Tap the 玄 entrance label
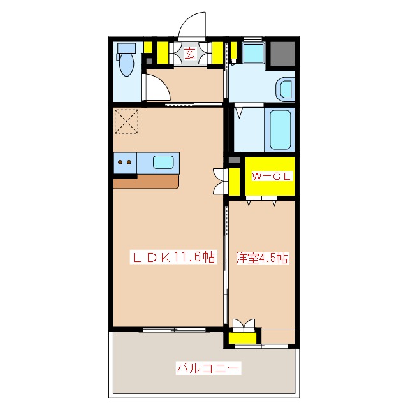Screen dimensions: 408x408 coord(190,54)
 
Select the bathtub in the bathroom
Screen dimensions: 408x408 coord(280,129)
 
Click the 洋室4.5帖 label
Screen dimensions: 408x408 coord(261,258)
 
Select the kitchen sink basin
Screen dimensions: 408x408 coord(164,162)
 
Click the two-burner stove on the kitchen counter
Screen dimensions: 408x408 coord(125,163)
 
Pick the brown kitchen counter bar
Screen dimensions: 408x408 coord(146,181)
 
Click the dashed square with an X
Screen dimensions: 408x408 coord(127,121)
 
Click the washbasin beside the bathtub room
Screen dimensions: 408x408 coord(285,89)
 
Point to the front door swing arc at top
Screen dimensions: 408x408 coord(193,27)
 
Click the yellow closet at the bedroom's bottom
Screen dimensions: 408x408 coord(243,336)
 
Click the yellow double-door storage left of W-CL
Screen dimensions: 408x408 coord(233,180)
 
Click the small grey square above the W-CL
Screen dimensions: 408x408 coord(233,159)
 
